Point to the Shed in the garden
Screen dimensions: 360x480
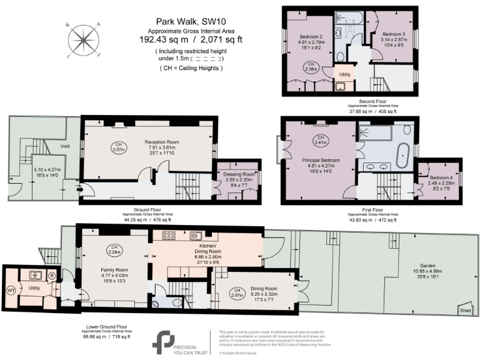coord(464,310)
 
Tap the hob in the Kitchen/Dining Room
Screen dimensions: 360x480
coord(169,236)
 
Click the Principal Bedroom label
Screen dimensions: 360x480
coord(321,161)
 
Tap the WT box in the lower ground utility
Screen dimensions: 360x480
coord(11,290)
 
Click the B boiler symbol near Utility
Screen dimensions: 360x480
coord(52,275)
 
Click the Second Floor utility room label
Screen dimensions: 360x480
coord(344,74)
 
